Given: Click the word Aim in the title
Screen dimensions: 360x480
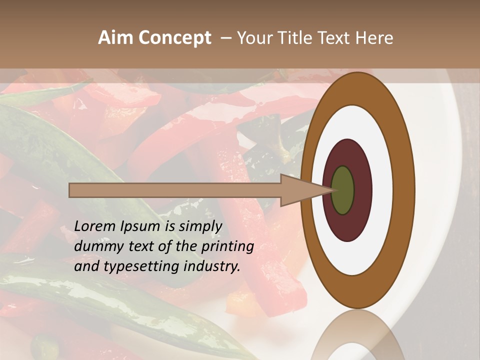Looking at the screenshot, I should coord(116,38).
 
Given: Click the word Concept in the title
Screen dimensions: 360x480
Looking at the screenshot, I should coord(174,38).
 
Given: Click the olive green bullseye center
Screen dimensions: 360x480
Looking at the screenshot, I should coord(343,190).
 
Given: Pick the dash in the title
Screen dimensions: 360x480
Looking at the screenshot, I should coord(225,38).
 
